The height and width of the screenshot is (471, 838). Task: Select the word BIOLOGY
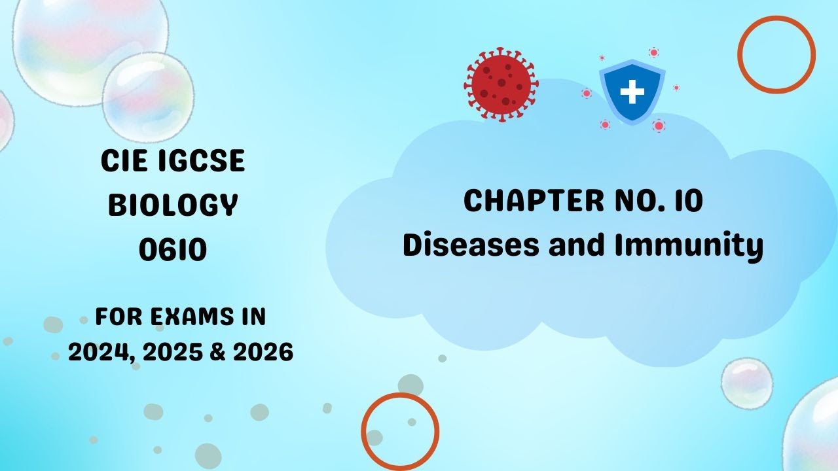pos(172,205)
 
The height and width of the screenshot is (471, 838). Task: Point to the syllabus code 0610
pos(172,249)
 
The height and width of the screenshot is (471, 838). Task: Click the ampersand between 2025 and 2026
pos(217,353)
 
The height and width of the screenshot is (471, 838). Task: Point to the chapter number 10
pos(690,201)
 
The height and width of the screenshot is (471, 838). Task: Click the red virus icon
pos(501,82)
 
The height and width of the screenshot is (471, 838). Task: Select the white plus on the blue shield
pos(632,92)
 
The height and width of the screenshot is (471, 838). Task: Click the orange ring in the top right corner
pos(776,54)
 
